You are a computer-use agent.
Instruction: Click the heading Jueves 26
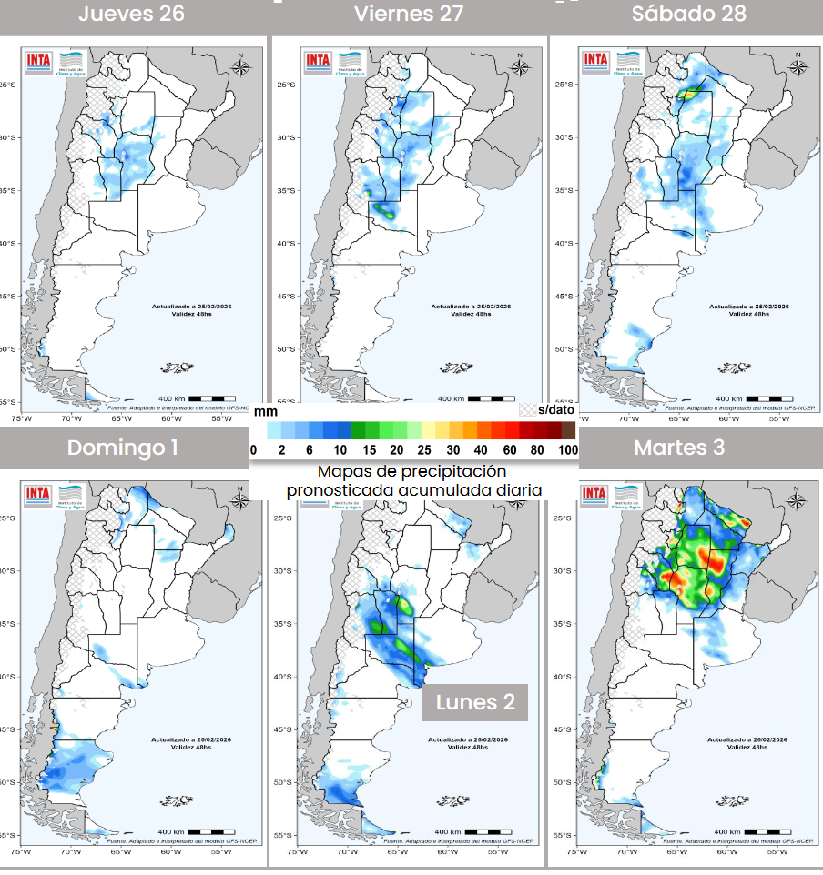coord(131,14)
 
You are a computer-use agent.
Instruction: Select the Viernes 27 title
coord(409,14)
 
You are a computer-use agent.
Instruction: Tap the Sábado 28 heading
coord(689,14)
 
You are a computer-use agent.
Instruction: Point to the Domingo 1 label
coord(123,448)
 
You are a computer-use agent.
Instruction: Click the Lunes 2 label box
coord(475,702)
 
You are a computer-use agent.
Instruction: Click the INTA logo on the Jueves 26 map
coord(39,61)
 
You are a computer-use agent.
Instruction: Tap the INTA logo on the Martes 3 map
coord(594,494)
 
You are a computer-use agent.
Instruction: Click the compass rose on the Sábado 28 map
coord(798,65)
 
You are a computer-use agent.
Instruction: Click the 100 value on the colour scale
coord(568,449)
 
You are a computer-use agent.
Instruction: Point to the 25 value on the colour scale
coord(423,449)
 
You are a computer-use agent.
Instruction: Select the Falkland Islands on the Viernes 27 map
coord(455,367)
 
